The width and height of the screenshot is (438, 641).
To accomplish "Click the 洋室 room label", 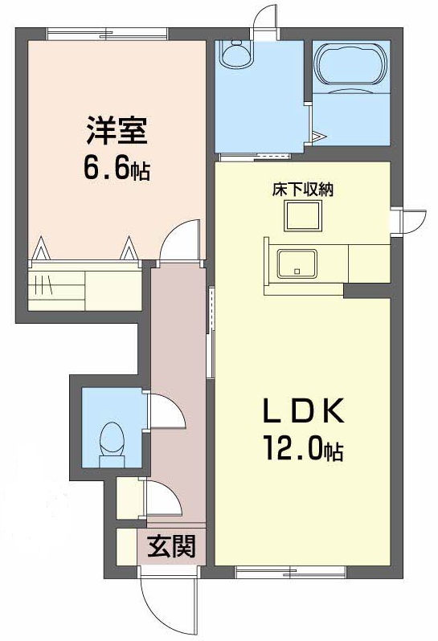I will pyautogui.click(x=117, y=129).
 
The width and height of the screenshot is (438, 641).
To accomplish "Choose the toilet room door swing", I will pyautogui.click(x=167, y=414).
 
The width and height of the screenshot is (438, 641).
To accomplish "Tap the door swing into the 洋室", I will pyautogui.click(x=178, y=240).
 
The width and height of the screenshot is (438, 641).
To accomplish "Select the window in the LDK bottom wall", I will pyautogui.click(x=290, y=573).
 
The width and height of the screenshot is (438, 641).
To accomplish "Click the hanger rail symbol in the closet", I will pyautogui.click(x=45, y=286).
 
